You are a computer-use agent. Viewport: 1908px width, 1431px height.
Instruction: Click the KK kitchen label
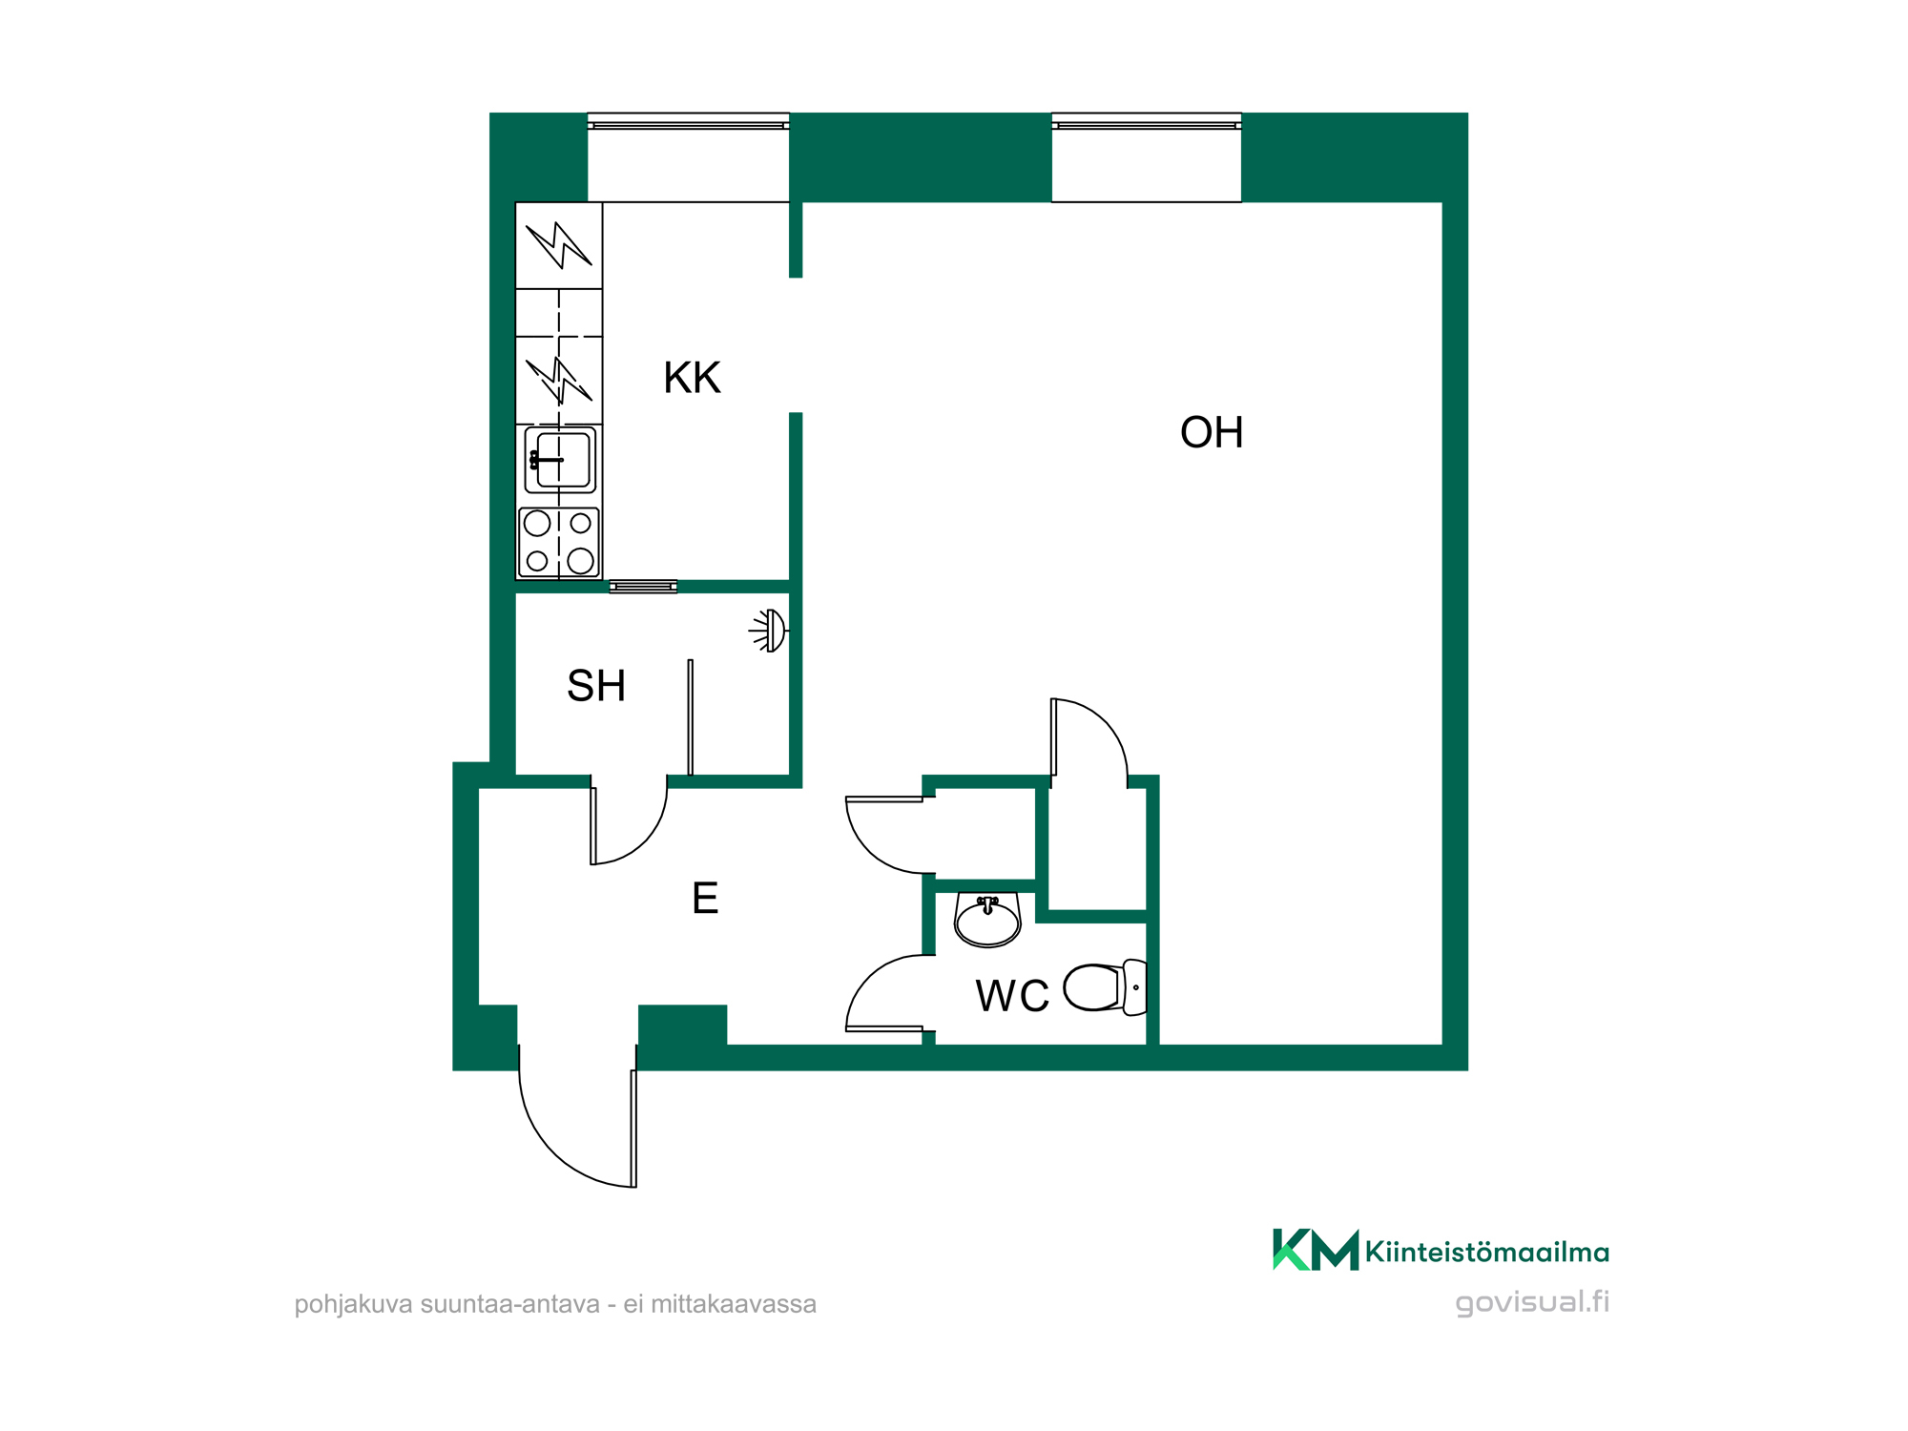click(x=692, y=378)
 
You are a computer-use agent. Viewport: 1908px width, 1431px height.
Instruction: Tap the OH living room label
click(x=1212, y=432)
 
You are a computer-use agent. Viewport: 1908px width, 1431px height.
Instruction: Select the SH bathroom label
click(x=596, y=686)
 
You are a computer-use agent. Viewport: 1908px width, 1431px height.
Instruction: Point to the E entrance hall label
click(x=705, y=898)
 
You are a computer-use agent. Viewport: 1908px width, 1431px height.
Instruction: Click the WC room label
click(x=1012, y=996)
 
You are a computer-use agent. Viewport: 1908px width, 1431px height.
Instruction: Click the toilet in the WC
click(x=1106, y=987)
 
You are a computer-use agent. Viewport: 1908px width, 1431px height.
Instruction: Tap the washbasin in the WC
click(x=987, y=920)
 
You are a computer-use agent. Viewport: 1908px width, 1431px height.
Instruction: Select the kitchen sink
click(x=560, y=460)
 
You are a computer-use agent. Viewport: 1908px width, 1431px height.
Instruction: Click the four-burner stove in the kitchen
click(x=559, y=542)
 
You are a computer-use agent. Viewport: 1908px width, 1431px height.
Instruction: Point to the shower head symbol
click(x=770, y=631)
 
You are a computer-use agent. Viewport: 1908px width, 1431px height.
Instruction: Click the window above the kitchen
click(x=688, y=121)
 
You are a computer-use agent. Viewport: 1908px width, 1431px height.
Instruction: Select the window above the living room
click(x=1146, y=121)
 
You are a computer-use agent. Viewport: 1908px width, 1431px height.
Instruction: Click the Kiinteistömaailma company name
click(x=1487, y=1252)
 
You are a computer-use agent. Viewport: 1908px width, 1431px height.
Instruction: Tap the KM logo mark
click(x=1316, y=1250)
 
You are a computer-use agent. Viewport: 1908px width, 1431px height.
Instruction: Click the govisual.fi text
click(x=1532, y=1302)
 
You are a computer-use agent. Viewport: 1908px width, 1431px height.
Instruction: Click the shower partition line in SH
click(x=691, y=717)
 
